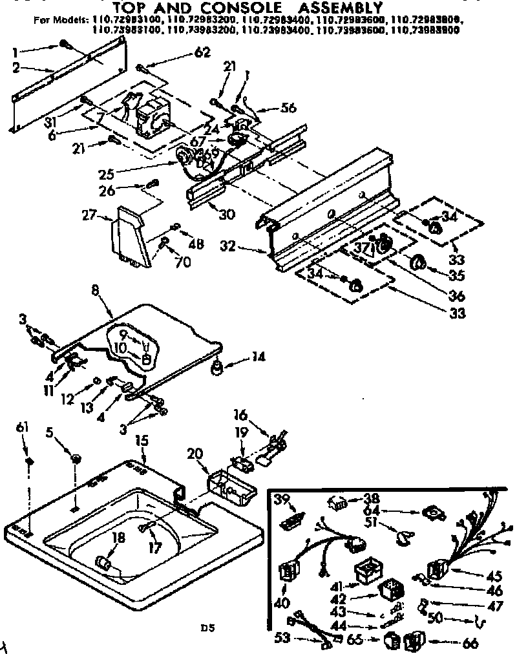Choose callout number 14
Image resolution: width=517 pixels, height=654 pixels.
258,356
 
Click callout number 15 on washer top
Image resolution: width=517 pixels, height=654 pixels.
142,440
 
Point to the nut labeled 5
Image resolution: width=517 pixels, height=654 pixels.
76,459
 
